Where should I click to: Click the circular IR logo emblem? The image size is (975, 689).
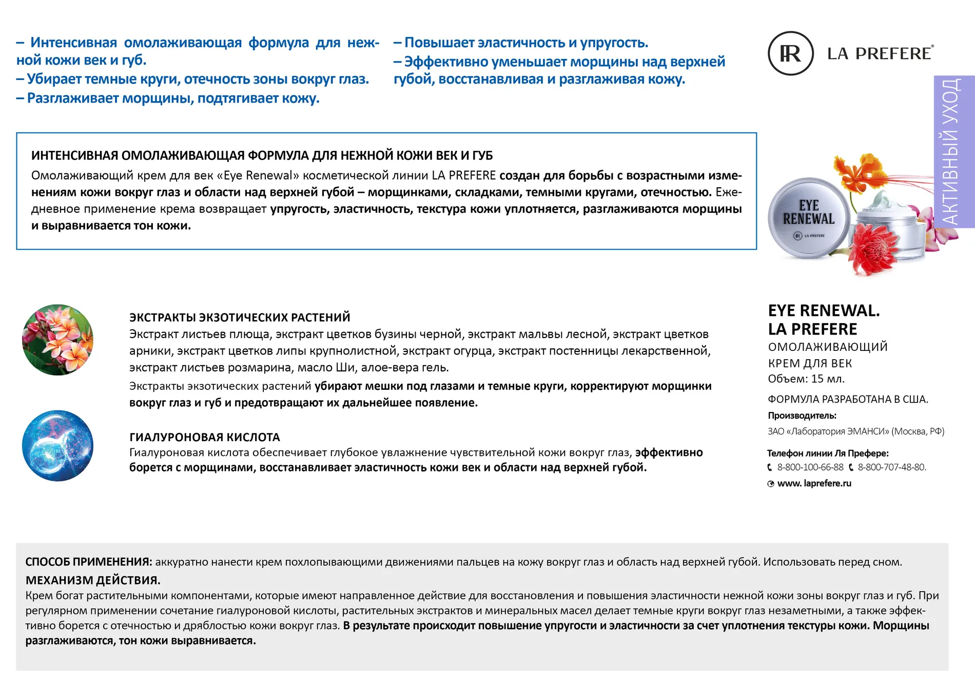coord(790,53)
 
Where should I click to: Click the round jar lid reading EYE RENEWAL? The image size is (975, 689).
coord(808,217)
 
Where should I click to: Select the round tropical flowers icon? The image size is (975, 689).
coord(58,340)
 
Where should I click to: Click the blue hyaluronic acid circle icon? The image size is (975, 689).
coord(58,445)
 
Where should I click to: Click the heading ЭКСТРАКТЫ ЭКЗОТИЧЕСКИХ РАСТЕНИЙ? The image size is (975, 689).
coord(240,317)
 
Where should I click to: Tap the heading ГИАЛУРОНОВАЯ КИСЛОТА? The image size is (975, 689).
coord(204,437)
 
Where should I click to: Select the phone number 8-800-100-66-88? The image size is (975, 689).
coord(810,467)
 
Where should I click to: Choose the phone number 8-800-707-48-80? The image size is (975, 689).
coord(891,467)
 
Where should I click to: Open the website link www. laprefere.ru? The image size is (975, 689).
coord(814,483)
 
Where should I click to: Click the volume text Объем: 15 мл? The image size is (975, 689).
coord(806,379)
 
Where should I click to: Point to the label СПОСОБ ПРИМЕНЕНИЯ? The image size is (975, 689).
coord(89,562)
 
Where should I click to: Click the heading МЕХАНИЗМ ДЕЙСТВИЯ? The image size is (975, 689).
coord(93,580)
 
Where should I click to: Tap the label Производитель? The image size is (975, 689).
coord(802,416)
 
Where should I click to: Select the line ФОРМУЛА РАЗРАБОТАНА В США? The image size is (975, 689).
coord(848,399)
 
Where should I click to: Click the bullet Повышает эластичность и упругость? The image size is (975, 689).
coord(526,43)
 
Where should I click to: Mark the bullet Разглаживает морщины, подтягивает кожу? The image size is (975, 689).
coord(173,98)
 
